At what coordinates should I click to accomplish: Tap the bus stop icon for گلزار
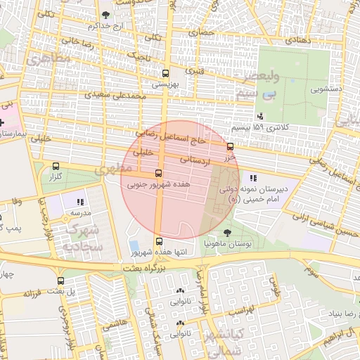56,167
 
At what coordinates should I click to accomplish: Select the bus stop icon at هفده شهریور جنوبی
158,173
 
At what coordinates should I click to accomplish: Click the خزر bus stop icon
230,147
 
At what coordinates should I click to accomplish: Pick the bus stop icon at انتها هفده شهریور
158,241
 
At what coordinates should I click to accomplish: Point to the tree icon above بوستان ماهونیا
226,232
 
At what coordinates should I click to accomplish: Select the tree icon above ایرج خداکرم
105,14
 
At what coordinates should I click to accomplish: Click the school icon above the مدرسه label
80,201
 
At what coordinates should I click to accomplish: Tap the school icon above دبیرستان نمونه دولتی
253,178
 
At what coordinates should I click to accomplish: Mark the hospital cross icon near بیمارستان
11,123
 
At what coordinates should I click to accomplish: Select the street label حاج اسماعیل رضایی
174,135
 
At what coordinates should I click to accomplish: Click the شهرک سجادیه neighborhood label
84,238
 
